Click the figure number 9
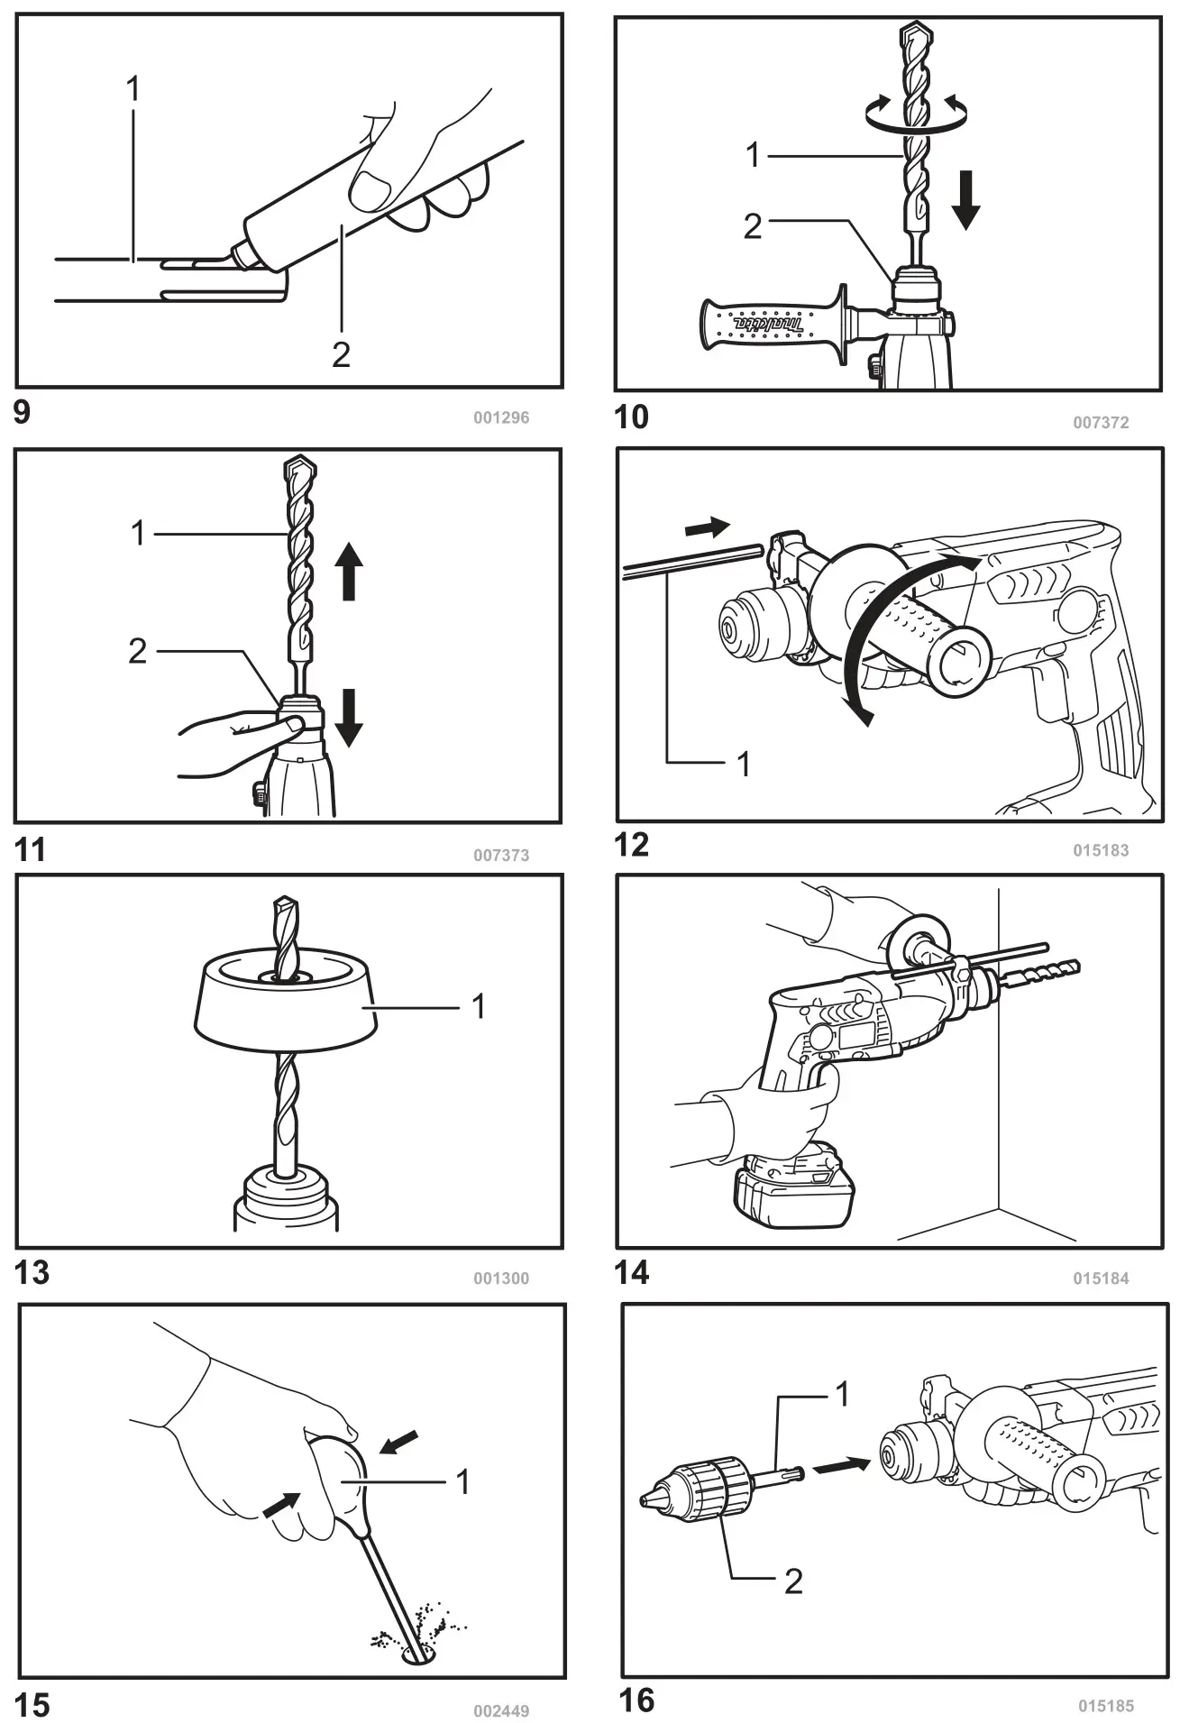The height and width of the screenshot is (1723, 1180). (x=22, y=413)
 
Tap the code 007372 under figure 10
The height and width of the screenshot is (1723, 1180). (x=1101, y=422)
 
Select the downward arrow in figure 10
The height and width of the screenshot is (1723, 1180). (x=965, y=203)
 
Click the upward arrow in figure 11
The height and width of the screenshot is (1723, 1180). (x=349, y=575)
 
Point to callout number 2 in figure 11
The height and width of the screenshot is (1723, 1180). (x=137, y=650)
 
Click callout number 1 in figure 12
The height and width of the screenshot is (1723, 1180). (x=744, y=764)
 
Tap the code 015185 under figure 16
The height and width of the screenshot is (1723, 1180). (x=1106, y=1705)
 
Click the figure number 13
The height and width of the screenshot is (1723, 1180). (x=32, y=1272)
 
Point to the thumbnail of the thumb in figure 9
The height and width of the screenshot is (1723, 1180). (x=369, y=188)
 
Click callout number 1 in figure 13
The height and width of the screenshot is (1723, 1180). (x=479, y=1005)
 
